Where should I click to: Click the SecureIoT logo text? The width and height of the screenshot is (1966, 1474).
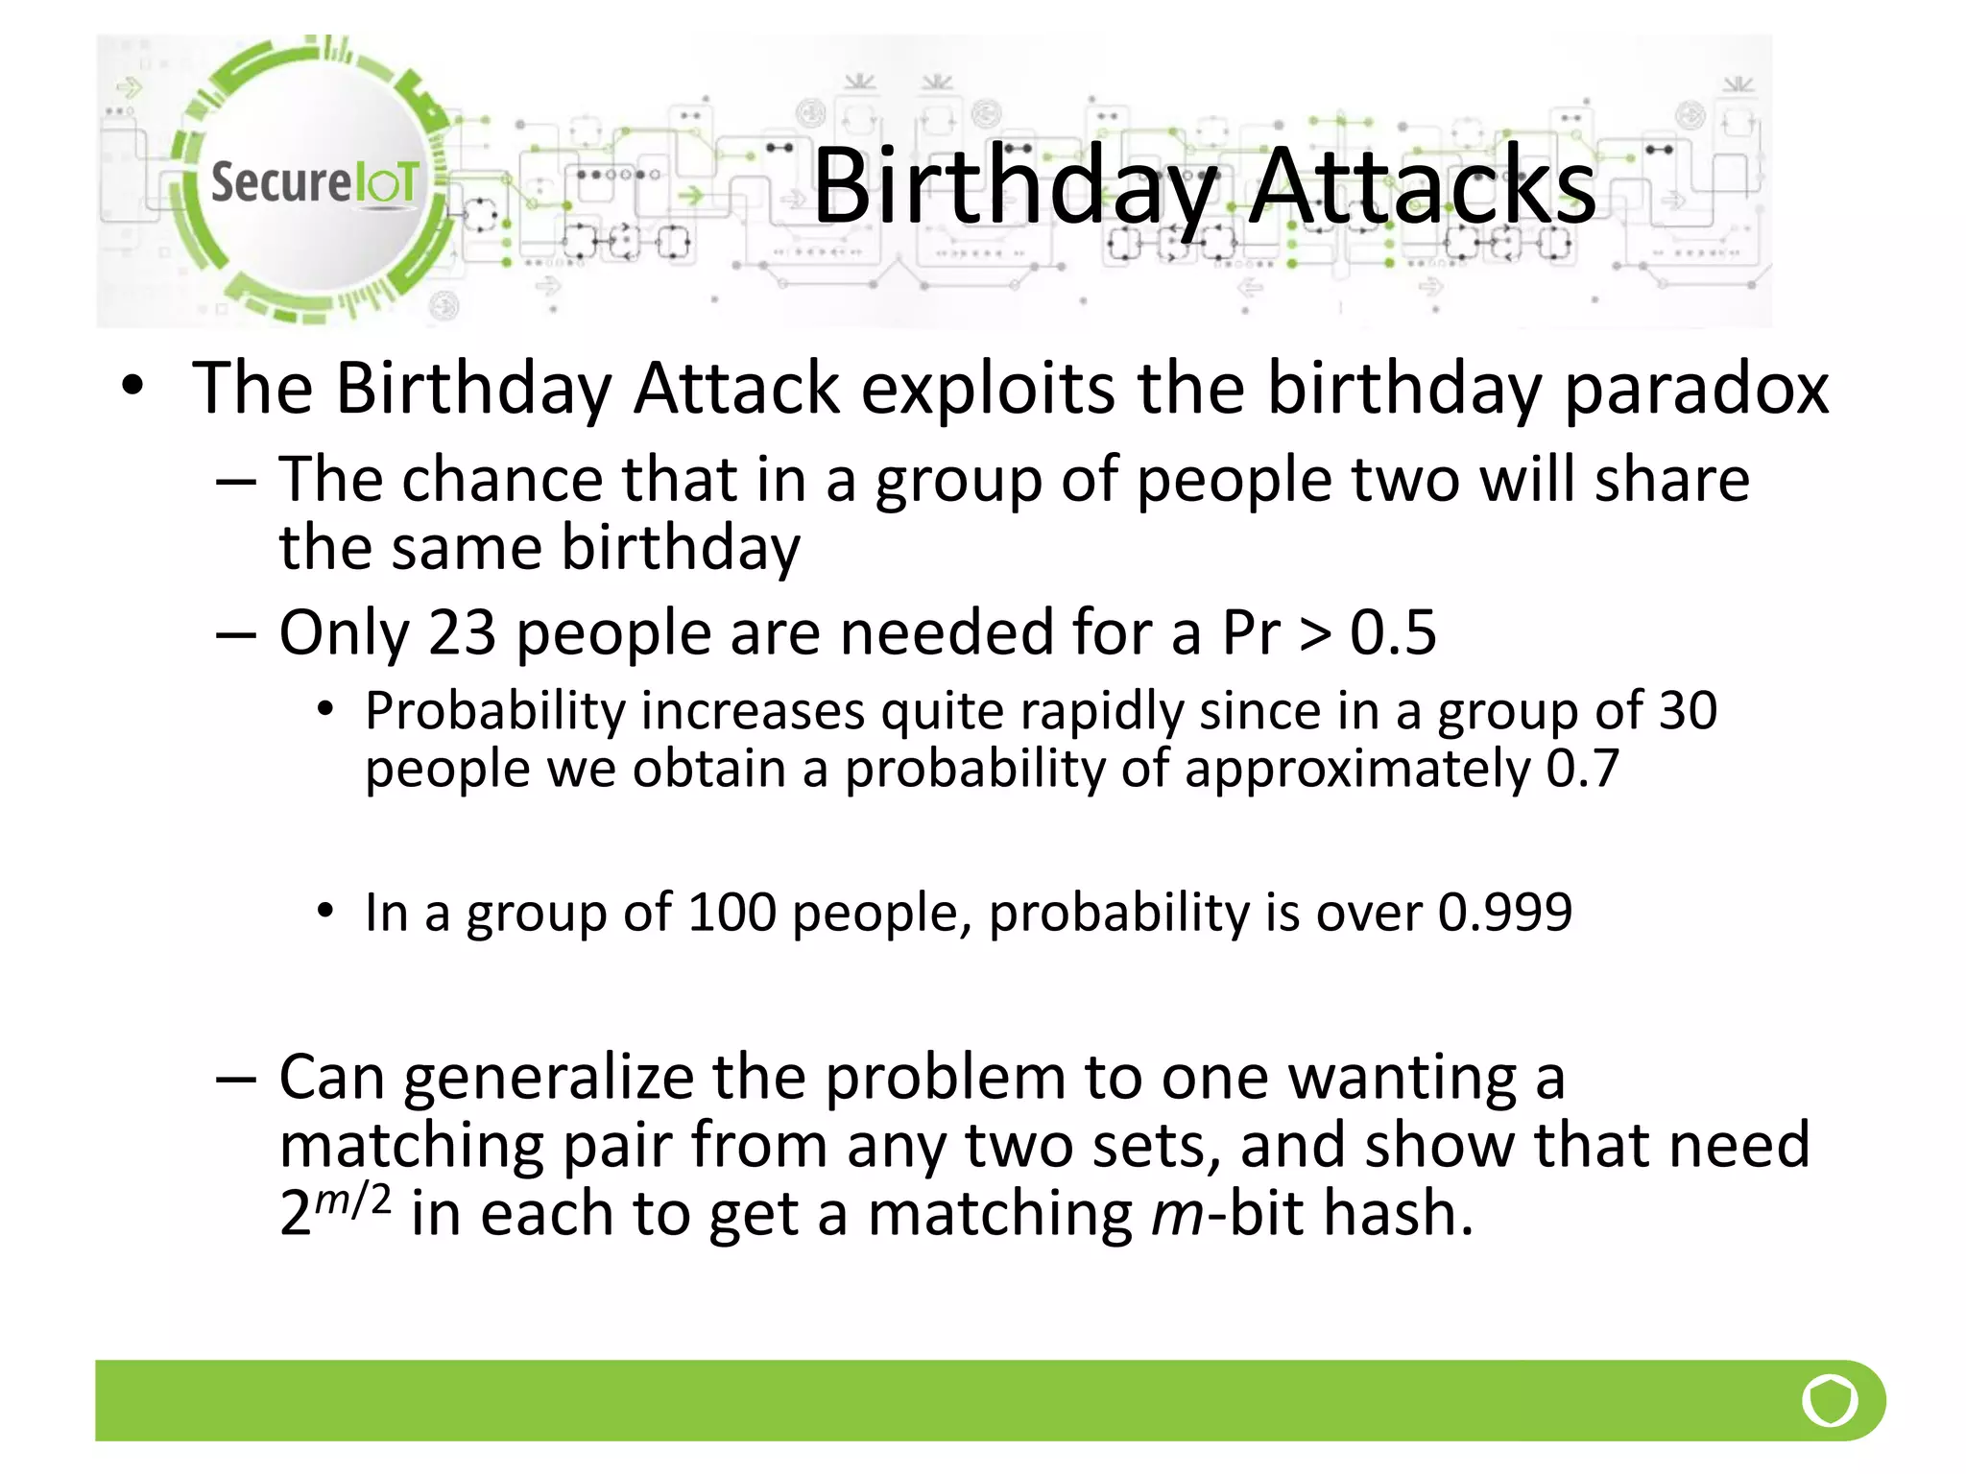click(x=315, y=181)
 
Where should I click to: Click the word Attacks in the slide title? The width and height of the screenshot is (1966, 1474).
click(x=1423, y=186)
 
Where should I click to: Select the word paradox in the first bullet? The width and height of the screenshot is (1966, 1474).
click(x=1696, y=388)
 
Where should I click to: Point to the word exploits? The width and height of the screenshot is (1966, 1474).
click(x=988, y=388)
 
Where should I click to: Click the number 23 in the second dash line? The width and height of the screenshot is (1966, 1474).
click(x=462, y=632)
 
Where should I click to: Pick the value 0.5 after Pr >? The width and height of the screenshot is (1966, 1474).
click(x=1393, y=632)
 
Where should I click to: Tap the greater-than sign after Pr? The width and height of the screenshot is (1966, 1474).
click(x=1314, y=634)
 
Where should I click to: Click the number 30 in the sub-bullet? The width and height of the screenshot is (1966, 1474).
click(x=1688, y=711)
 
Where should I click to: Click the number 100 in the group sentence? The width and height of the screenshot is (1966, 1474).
click(x=731, y=912)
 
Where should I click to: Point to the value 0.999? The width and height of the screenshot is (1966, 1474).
click(x=1504, y=912)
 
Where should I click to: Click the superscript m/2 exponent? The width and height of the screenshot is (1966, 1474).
click(x=352, y=1199)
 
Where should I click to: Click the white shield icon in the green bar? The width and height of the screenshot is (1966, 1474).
click(x=1830, y=1401)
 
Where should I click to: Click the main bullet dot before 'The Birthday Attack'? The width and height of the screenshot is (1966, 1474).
click(x=132, y=387)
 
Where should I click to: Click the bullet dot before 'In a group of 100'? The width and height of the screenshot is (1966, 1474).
click(x=326, y=911)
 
